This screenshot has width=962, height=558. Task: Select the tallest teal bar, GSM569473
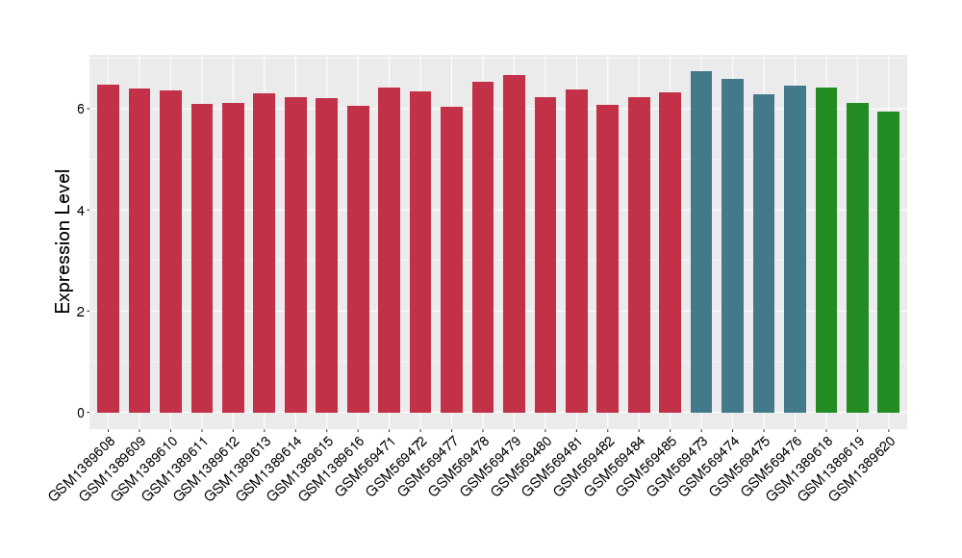coord(701,241)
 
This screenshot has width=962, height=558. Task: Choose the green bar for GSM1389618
coord(826,250)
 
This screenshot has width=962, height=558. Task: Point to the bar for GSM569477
coord(452,260)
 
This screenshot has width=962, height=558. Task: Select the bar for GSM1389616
coord(358,259)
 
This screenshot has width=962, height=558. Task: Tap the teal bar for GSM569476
coord(795,249)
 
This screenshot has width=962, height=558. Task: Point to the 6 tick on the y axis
coord(84,109)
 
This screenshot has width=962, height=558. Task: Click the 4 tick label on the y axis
coord(84,211)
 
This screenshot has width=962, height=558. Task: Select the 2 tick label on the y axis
coord(84,312)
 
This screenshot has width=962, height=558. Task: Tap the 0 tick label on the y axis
coord(84,413)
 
